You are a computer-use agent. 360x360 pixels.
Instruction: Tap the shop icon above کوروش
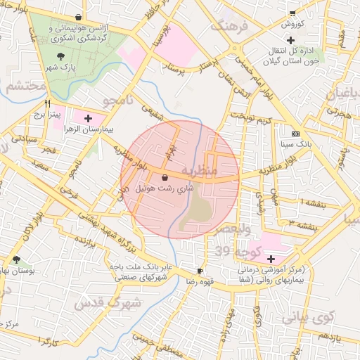click(292, 13)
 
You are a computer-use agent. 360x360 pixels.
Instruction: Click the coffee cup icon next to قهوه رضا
click(200, 271)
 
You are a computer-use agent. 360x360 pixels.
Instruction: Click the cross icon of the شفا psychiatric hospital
click(271, 259)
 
